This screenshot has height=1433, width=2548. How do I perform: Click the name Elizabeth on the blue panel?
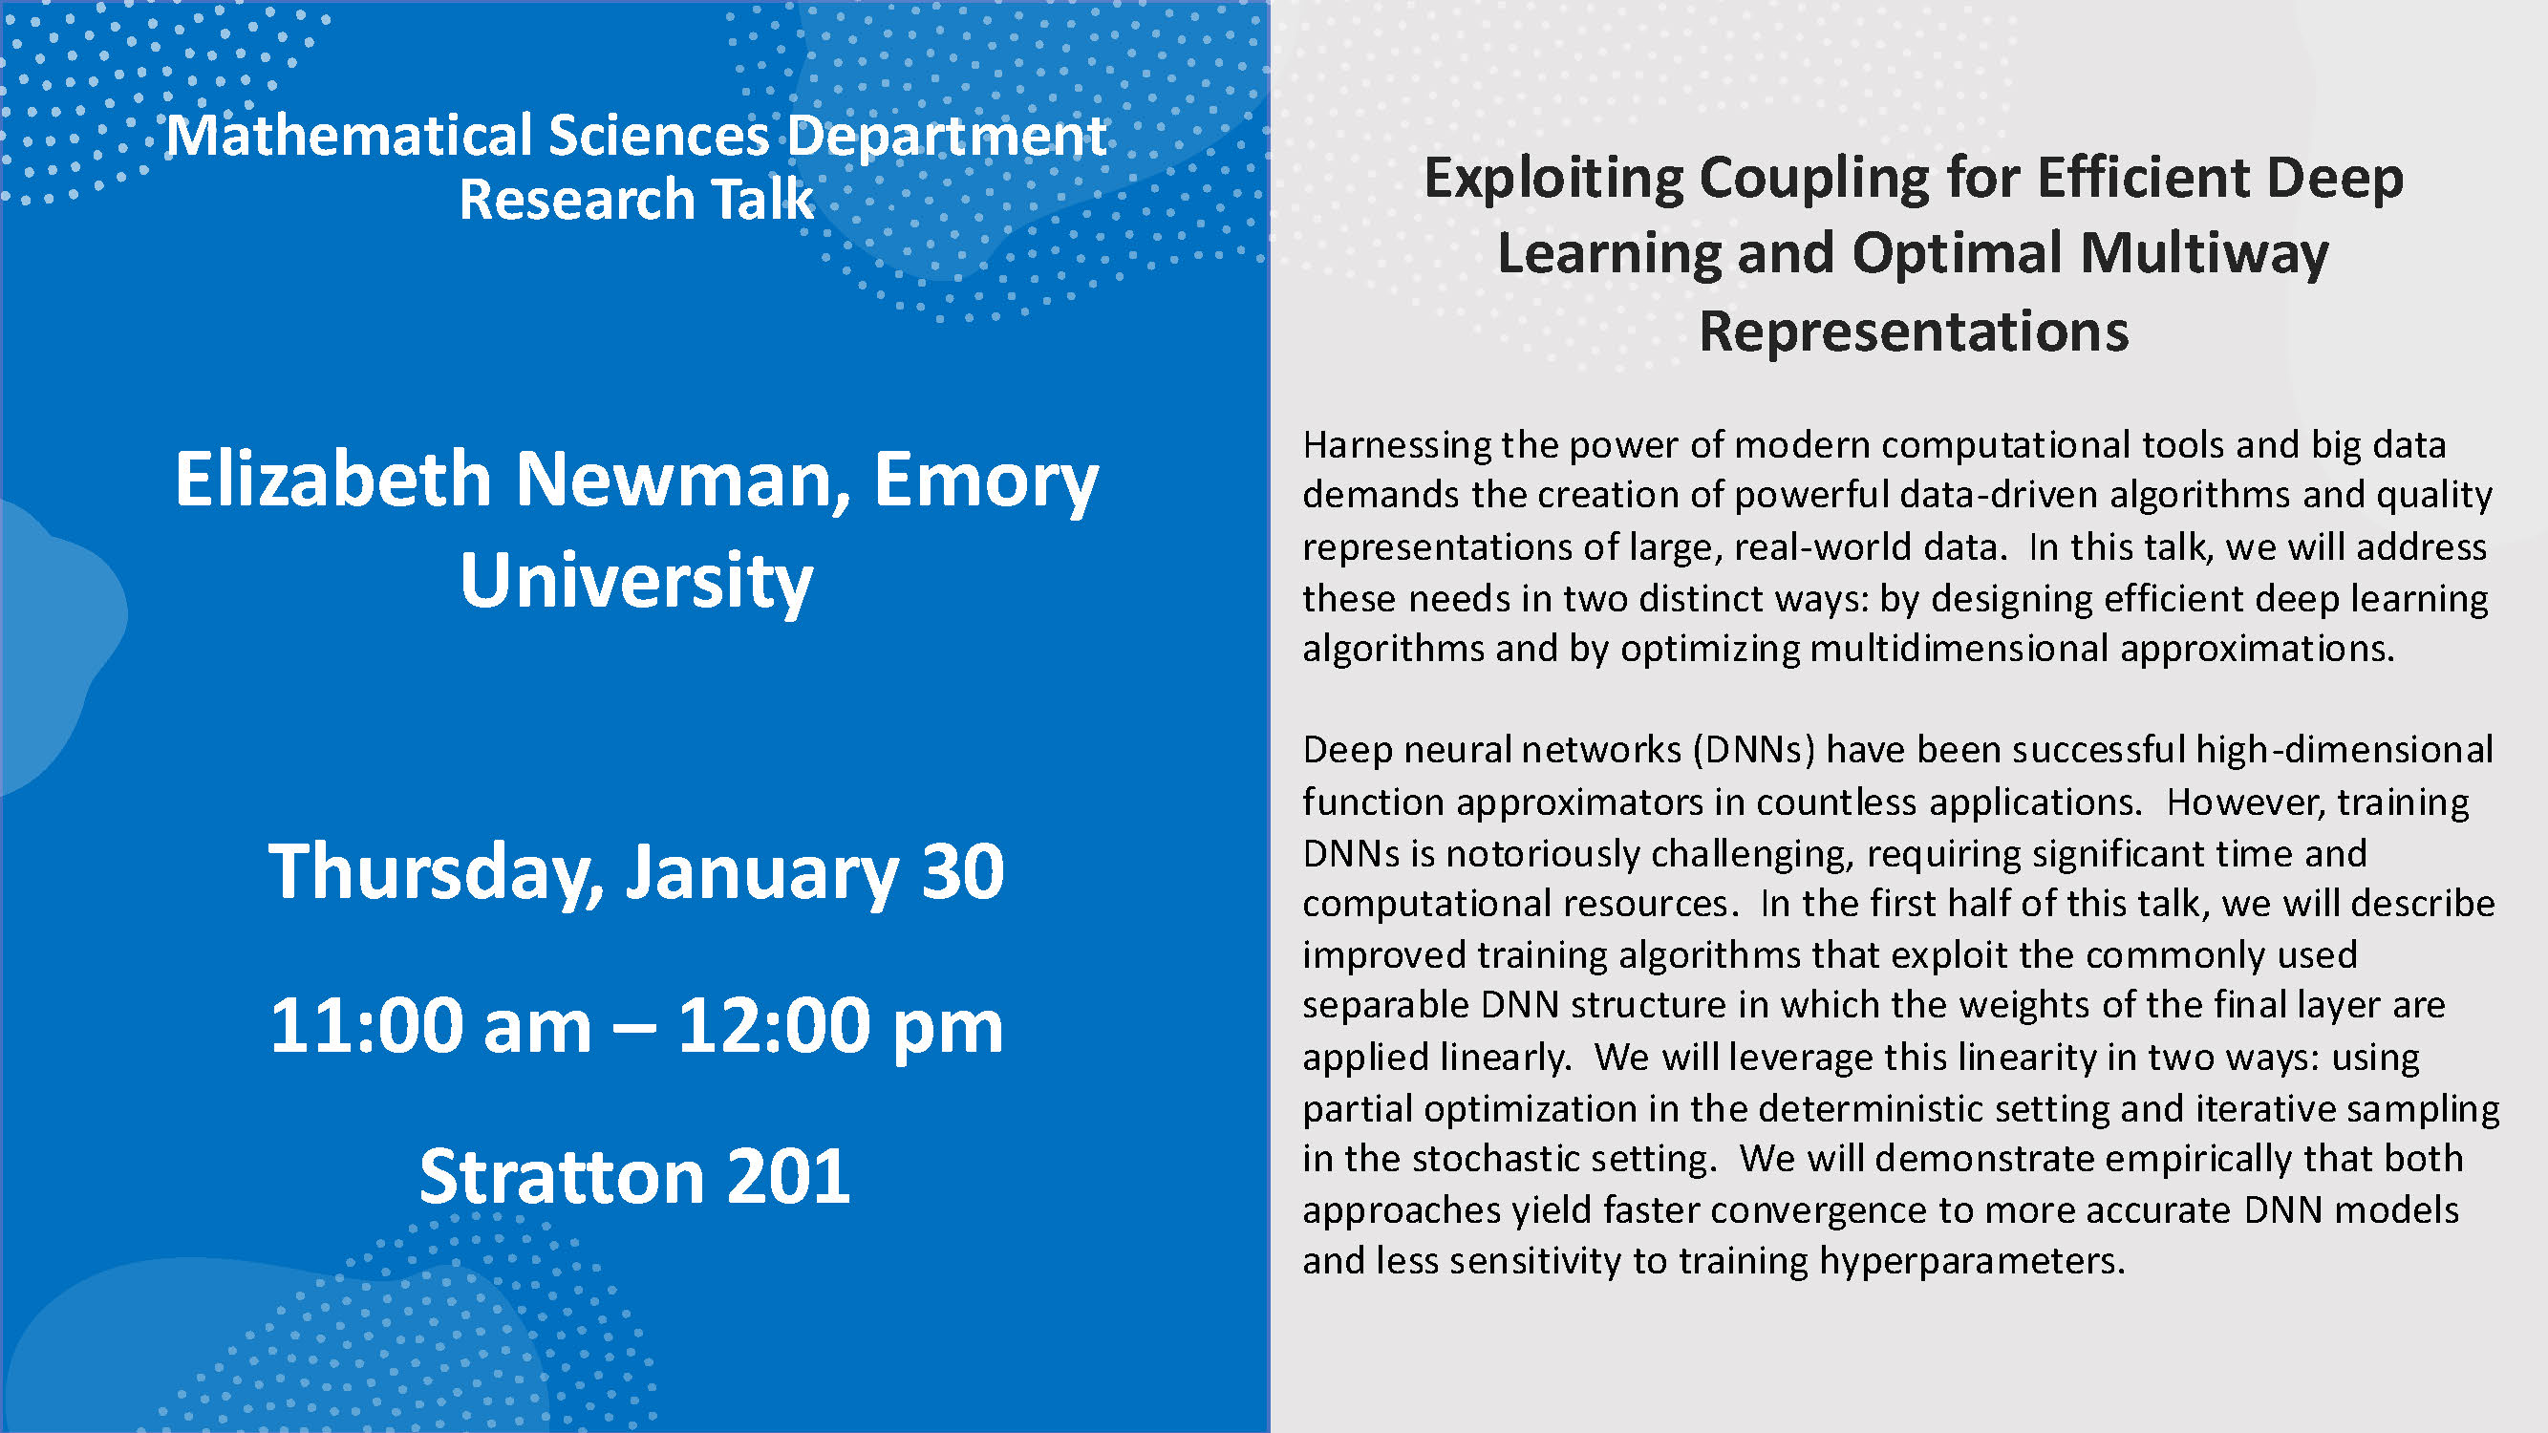tap(333, 479)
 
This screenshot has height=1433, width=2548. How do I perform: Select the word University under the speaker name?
tap(636, 583)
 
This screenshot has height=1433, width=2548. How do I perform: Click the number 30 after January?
tap(962, 872)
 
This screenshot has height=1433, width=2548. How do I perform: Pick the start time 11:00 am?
tap(430, 1025)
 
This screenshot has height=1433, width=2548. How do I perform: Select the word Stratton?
tap(561, 1177)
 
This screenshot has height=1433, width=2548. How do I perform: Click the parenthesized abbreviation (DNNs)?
tap(1754, 750)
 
